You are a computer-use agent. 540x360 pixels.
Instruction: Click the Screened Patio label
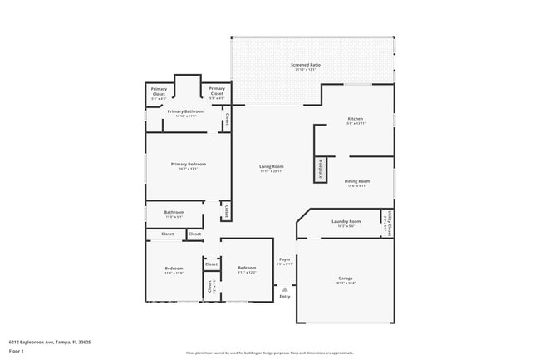click(x=306, y=65)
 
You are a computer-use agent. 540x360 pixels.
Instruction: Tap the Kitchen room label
click(x=355, y=119)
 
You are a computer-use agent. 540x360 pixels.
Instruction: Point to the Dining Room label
click(x=357, y=181)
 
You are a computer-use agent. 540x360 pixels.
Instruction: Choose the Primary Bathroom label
click(x=186, y=111)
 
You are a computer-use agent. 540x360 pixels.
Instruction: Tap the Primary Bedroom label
click(x=188, y=165)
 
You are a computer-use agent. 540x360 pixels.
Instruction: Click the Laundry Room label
click(x=346, y=221)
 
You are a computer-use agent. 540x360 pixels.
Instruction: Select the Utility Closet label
click(x=387, y=222)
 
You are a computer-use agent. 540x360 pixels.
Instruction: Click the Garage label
click(x=346, y=278)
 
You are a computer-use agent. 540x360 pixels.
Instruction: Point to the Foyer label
click(x=284, y=259)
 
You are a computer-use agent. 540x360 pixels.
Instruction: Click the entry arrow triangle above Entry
click(x=285, y=288)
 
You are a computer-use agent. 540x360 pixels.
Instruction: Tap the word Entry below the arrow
click(x=285, y=296)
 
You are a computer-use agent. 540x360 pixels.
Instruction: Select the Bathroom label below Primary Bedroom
click(x=174, y=212)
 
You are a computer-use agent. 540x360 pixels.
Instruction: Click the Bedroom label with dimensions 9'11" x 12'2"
click(x=247, y=268)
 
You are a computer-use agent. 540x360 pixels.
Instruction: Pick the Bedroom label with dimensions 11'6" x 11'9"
click(x=174, y=269)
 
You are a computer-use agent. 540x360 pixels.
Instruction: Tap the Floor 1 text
click(x=17, y=352)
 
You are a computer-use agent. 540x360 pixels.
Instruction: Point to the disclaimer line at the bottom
click(x=270, y=353)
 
